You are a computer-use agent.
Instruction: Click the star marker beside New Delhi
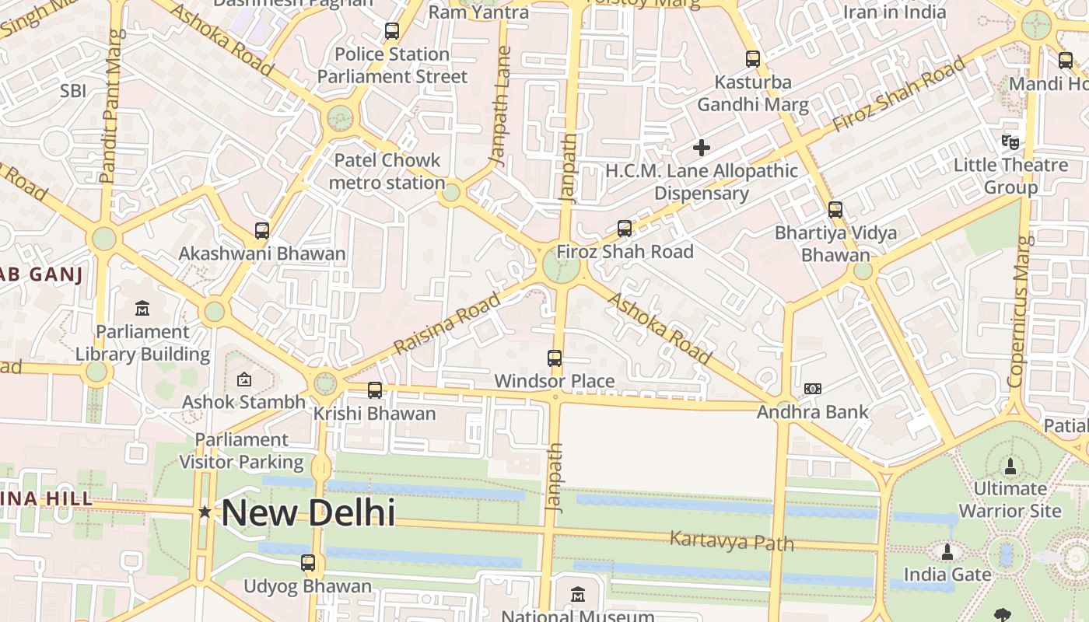(205, 512)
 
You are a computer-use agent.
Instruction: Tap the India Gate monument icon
(947, 552)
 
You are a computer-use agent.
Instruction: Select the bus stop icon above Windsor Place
(555, 358)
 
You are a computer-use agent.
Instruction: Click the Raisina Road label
(446, 324)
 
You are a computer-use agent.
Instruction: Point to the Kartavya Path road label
(731, 540)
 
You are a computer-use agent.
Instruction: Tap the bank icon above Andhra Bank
(812, 388)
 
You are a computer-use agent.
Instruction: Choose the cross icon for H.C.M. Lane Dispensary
(702, 147)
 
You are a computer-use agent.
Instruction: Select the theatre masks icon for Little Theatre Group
(1010, 142)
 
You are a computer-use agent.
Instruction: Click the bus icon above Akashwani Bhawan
(262, 231)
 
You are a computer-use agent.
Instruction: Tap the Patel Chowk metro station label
(387, 172)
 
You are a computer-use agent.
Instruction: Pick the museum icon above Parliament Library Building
(142, 309)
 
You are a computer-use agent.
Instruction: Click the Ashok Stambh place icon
(243, 379)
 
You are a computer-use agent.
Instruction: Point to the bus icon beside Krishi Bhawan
(375, 390)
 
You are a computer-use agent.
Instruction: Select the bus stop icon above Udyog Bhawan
(308, 563)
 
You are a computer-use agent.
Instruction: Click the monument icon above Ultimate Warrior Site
(1010, 466)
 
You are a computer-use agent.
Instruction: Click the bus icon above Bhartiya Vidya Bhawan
(835, 210)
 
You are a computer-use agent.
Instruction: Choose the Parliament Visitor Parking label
(241, 451)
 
